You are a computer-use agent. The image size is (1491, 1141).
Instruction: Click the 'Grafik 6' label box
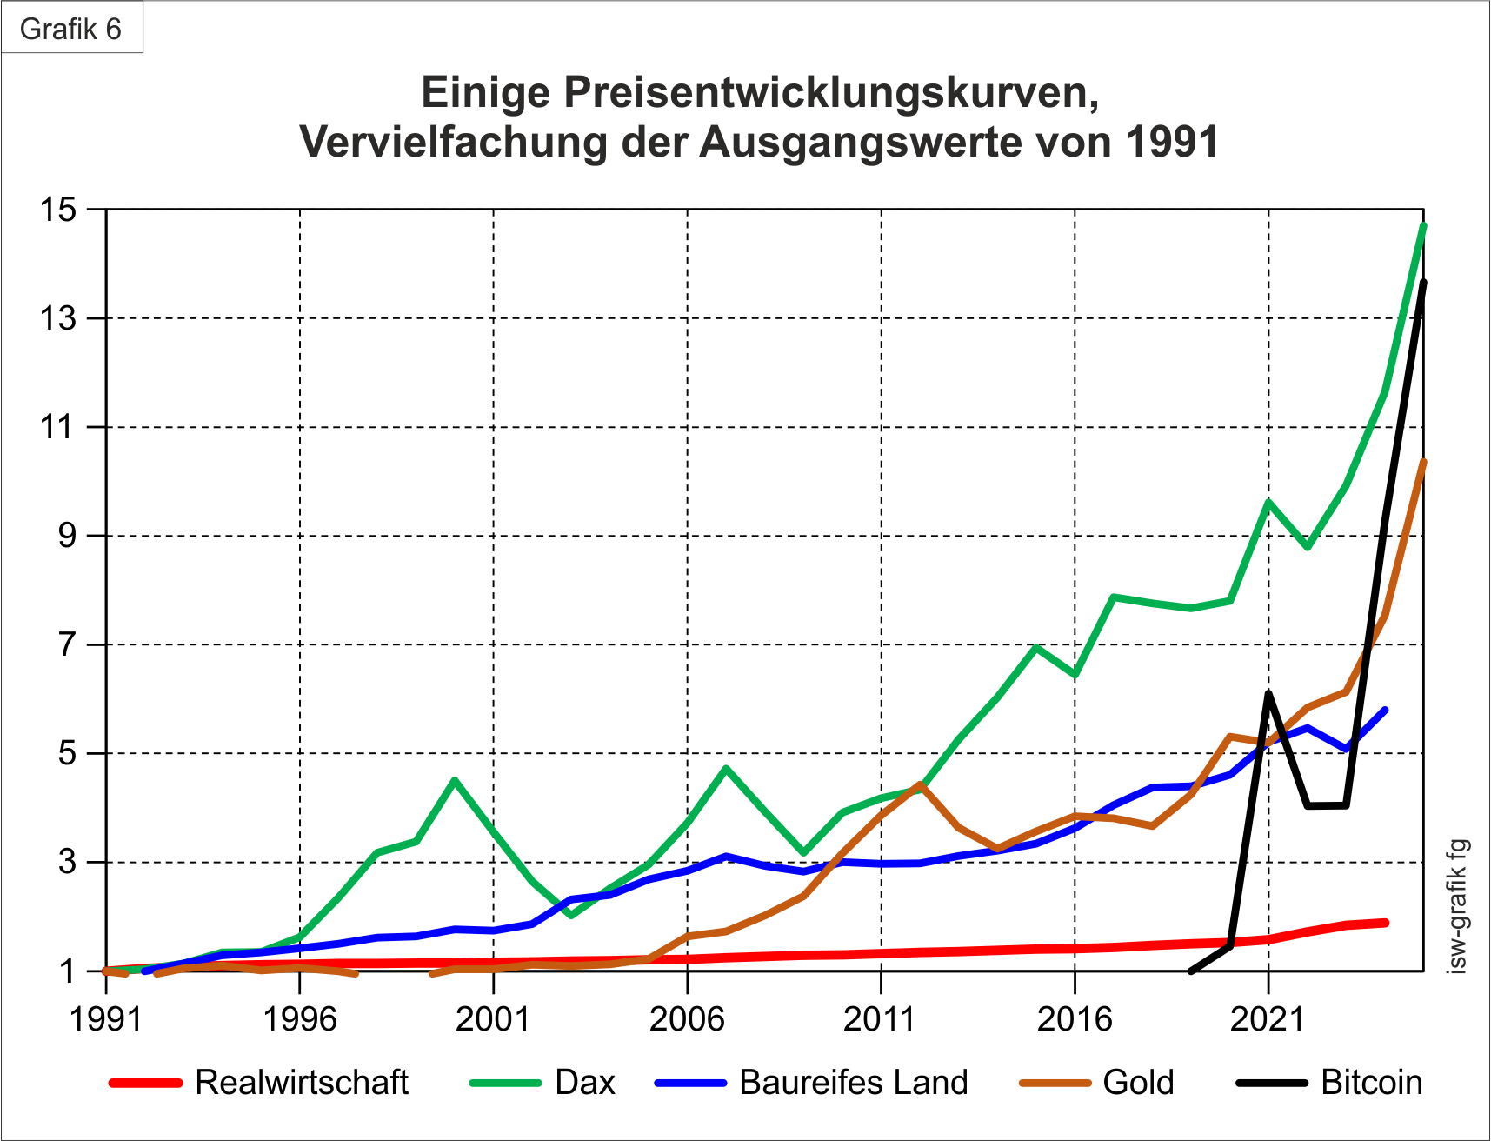tap(71, 29)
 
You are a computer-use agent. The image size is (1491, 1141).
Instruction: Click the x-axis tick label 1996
tap(300, 1018)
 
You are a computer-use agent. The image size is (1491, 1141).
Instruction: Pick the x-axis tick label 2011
tap(881, 1018)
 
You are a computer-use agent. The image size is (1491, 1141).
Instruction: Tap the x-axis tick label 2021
tap(1268, 1018)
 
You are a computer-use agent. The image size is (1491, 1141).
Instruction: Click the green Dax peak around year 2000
tap(455, 780)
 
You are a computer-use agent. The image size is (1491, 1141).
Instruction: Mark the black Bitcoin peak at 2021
tap(1268, 693)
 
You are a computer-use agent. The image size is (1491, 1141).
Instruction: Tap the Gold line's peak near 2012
tap(920, 784)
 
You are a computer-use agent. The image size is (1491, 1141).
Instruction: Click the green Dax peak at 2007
tap(726, 769)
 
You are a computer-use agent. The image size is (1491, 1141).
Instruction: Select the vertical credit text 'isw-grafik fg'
tap(1459, 905)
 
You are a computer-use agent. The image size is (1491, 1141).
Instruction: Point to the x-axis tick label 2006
tap(687, 1018)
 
